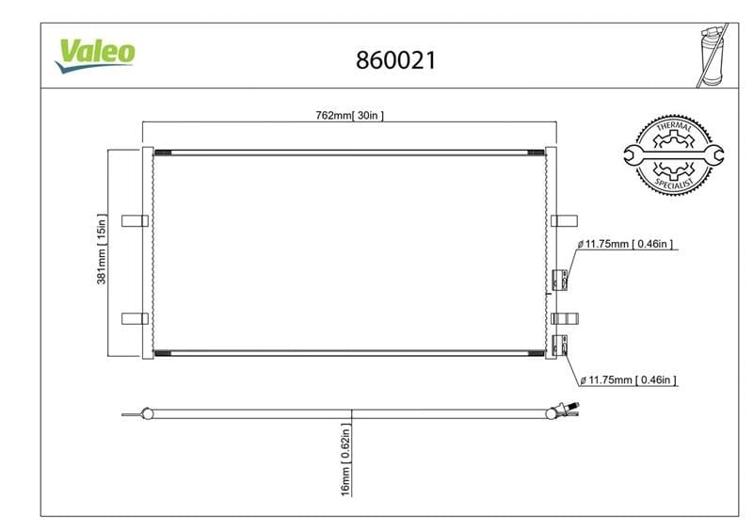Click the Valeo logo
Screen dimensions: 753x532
[95, 56]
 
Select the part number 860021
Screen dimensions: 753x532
[396, 60]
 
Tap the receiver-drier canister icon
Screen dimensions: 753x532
[713, 56]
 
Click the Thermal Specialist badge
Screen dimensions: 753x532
[674, 154]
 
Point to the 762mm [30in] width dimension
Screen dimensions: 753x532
[349, 115]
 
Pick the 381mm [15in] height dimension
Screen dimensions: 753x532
[102, 249]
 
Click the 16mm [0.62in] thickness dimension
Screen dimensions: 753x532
[345, 459]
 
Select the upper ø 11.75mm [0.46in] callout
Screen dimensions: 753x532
[625, 244]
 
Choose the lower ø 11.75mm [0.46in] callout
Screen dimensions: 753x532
[628, 379]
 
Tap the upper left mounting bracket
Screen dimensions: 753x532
[135, 220]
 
